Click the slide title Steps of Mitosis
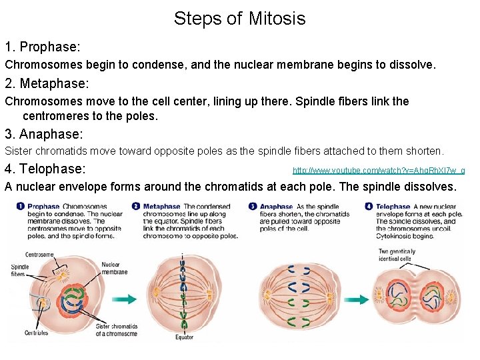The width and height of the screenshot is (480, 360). point(239,19)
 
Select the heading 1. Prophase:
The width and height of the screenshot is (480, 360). point(43,47)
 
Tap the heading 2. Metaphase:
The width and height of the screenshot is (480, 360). point(47,83)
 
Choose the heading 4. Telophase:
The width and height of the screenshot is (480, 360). point(45,169)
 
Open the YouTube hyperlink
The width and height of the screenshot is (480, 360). point(378,171)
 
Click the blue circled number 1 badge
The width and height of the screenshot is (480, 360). point(21,207)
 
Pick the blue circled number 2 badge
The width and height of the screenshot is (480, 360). point(136,207)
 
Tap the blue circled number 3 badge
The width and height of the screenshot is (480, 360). point(253,207)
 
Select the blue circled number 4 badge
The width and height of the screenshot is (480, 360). point(369,207)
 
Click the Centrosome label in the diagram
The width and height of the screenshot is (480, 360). point(39,255)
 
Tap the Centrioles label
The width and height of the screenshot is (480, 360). point(37,333)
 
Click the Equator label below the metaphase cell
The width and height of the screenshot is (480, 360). point(185,337)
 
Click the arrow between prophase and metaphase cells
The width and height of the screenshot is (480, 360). point(125,299)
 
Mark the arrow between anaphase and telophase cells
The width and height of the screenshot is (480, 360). point(355,299)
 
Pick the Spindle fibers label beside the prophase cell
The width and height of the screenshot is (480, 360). point(20,271)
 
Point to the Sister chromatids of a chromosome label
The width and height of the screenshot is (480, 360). point(116,330)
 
